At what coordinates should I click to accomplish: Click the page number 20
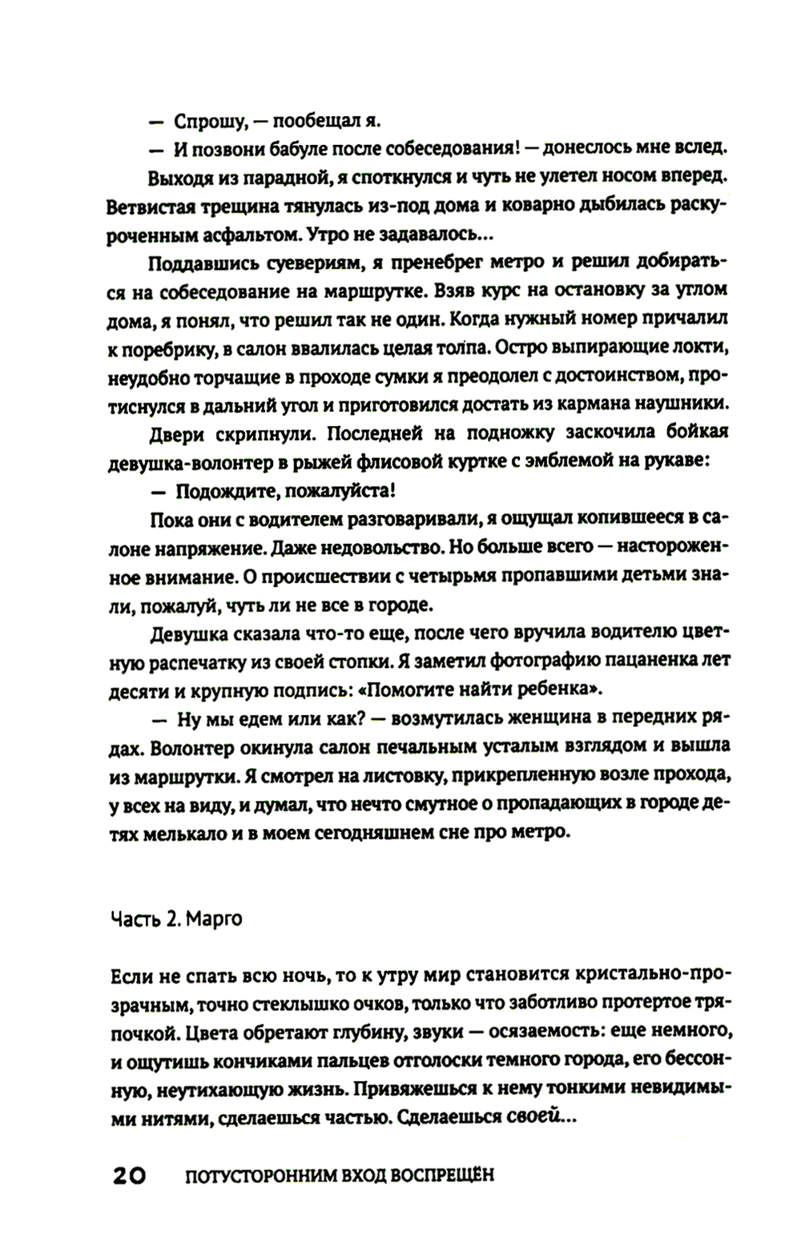point(128,1176)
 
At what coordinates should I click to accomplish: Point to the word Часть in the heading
point(136,919)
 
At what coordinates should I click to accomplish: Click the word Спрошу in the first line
point(208,122)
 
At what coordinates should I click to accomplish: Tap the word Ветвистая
point(148,205)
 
